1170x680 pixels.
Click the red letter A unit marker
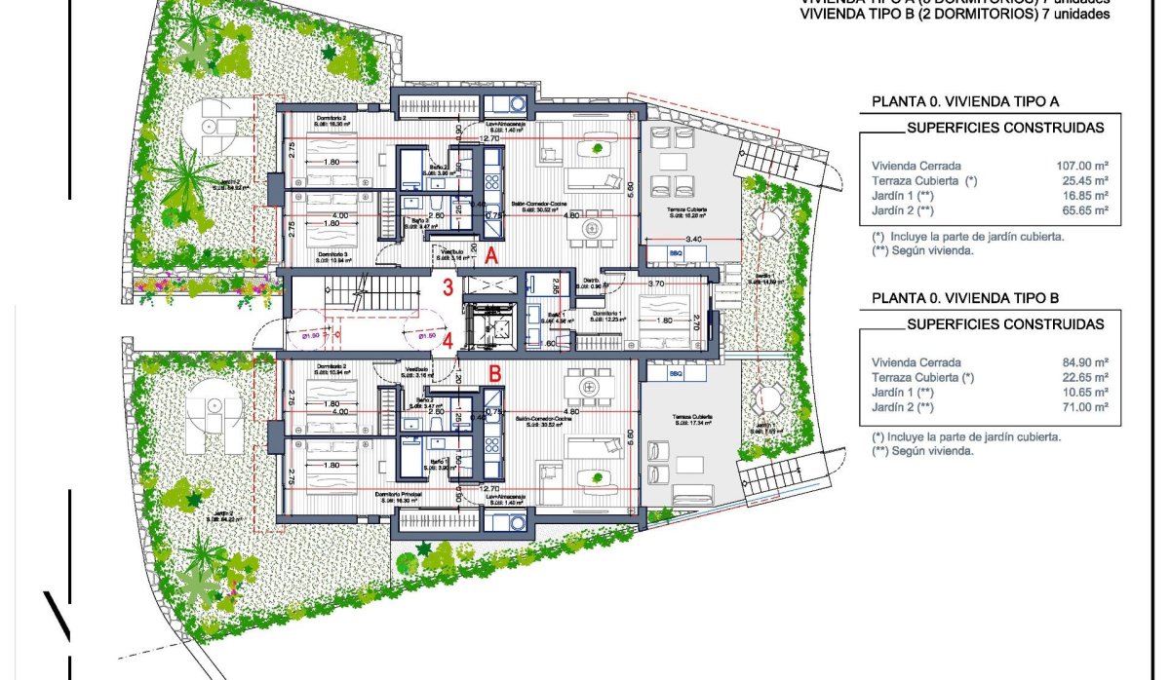(x=492, y=256)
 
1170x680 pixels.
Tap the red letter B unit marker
(x=494, y=372)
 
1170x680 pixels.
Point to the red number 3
(x=448, y=287)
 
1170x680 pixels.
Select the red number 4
(x=448, y=341)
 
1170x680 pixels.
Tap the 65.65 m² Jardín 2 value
(x=1085, y=209)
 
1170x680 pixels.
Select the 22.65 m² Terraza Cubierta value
(x=1085, y=377)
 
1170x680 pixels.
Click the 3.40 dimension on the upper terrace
(x=694, y=238)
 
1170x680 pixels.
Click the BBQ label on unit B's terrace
(x=677, y=373)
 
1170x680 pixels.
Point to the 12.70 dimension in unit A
(x=490, y=138)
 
